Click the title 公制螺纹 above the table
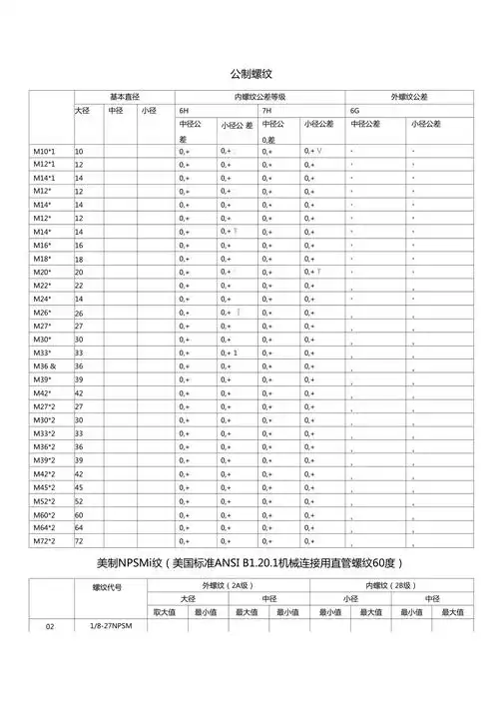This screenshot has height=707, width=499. click(250, 74)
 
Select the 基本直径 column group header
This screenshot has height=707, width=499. click(127, 96)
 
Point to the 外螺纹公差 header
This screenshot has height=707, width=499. click(407, 96)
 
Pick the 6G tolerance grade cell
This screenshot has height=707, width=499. click(354, 110)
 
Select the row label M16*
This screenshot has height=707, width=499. click(42, 245)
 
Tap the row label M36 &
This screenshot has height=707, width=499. click(44, 365)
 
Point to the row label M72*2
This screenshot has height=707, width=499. click(44, 540)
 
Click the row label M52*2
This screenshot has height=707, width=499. click(44, 500)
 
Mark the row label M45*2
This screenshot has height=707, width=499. click(44, 487)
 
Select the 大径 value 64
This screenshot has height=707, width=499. click(80, 527)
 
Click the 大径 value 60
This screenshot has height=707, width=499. click(80, 514)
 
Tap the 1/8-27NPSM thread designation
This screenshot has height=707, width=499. click(111, 625)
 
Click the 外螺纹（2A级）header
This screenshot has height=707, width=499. click(223, 585)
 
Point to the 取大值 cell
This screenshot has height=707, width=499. click(164, 611)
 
